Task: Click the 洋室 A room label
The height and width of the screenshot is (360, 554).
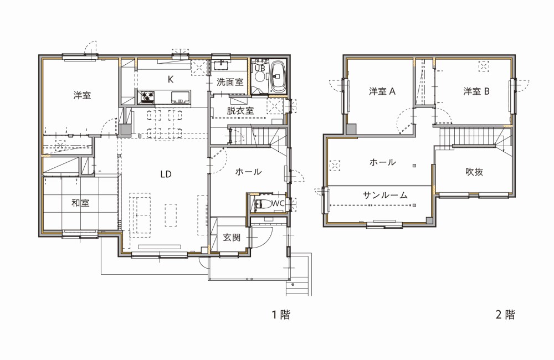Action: [382, 91]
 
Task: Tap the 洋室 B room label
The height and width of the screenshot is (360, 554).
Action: [476, 91]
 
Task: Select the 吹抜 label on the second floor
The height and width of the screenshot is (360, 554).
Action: [474, 172]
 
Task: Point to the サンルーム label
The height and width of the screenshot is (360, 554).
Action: [385, 195]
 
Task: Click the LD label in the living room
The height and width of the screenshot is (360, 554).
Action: [166, 174]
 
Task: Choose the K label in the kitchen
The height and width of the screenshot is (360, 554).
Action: [170, 80]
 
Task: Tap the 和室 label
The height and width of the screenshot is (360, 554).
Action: [80, 203]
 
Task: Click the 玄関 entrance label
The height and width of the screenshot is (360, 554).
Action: [232, 238]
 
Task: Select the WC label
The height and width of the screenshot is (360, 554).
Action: [278, 203]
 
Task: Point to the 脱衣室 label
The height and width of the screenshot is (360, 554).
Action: [240, 111]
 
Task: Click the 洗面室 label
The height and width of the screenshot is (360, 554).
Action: [230, 83]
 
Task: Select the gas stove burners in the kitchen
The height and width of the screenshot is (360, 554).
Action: [147, 96]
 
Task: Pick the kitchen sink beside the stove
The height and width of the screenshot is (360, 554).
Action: [181, 97]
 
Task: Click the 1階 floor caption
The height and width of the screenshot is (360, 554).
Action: [281, 315]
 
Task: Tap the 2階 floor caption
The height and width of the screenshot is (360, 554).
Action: [505, 315]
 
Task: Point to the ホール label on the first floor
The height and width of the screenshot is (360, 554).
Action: [248, 172]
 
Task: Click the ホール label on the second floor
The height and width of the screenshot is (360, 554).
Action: [383, 162]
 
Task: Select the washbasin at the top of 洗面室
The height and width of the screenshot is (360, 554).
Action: [222, 65]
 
